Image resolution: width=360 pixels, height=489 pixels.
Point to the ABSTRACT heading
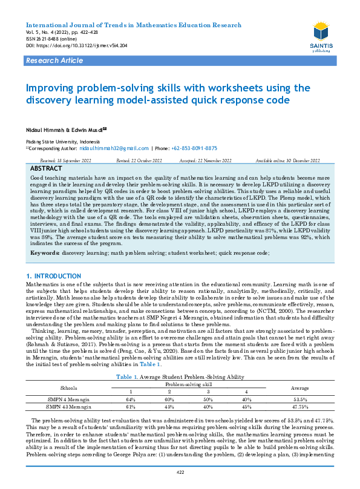click(45, 168)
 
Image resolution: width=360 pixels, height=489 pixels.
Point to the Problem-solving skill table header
click(189, 383)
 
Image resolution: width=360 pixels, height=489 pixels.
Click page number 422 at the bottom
click(180, 472)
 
